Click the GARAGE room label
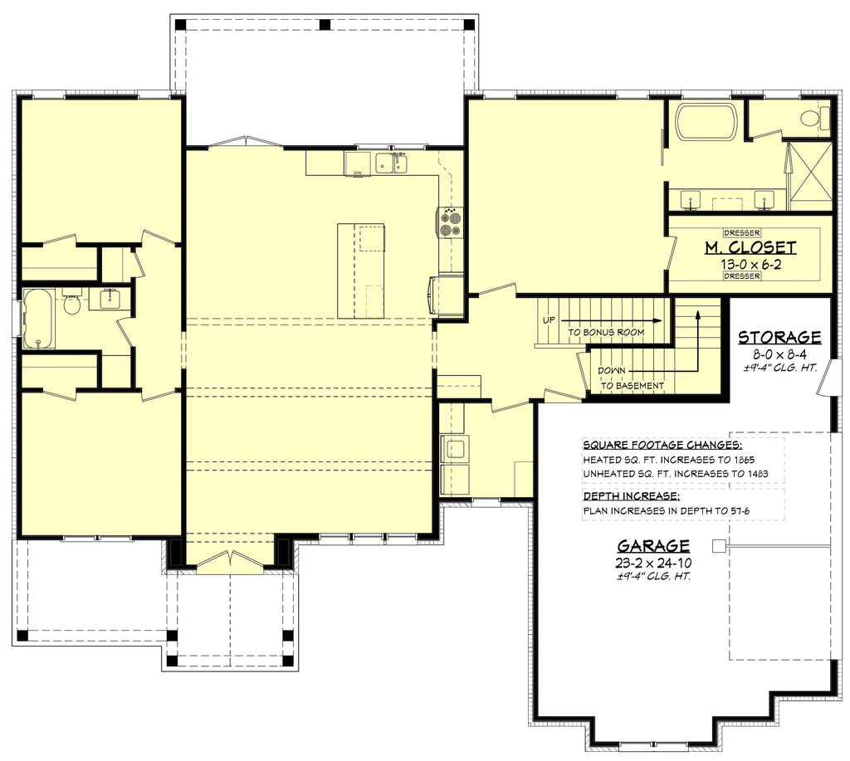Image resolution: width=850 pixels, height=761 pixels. pyautogui.click(x=652, y=545)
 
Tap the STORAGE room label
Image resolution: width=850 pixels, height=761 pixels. pyautogui.click(x=779, y=337)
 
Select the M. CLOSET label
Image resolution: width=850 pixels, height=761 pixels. pyautogui.click(x=750, y=247)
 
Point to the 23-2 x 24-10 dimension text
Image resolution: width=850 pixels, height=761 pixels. pyautogui.click(x=652, y=562)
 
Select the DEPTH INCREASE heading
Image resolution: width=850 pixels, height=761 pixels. pyautogui.click(x=631, y=495)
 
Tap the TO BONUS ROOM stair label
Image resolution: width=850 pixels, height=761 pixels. pyautogui.click(x=606, y=332)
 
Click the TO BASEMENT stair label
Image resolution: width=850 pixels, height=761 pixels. pyautogui.click(x=633, y=385)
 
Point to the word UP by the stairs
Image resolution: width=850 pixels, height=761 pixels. pyautogui.click(x=549, y=319)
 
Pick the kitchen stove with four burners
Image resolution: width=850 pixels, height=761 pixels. pyautogui.click(x=451, y=222)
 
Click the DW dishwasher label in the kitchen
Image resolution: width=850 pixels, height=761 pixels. pyautogui.click(x=358, y=173)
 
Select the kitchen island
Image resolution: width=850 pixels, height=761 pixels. pyautogui.click(x=360, y=271)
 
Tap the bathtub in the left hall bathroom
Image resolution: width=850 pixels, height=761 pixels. pyautogui.click(x=37, y=317)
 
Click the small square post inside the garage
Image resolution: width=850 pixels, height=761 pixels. pyautogui.click(x=718, y=545)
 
